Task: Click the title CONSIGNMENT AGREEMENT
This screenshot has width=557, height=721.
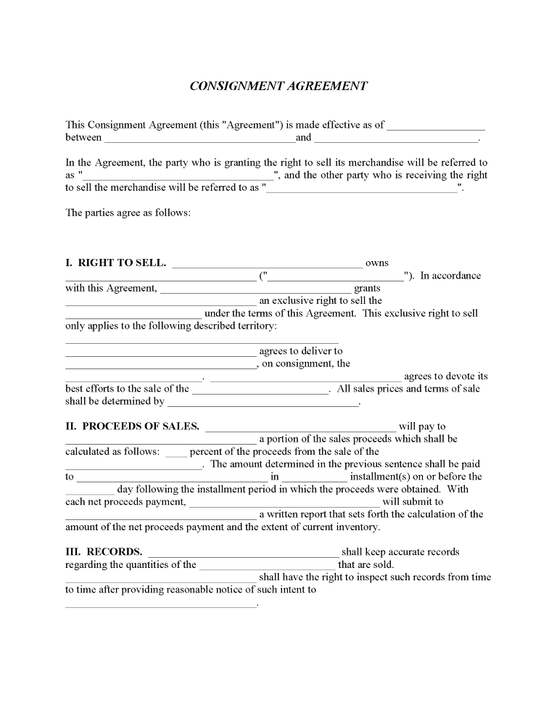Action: [x=278, y=86]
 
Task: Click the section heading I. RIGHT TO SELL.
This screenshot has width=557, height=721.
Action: [x=116, y=263]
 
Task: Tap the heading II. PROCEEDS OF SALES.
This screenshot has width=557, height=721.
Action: [x=132, y=427]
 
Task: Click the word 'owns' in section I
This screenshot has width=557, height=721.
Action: [x=377, y=263]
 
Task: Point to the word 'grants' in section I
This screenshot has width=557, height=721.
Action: [x=367, y=288]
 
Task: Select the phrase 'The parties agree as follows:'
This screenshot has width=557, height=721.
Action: [x=128, y=213]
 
